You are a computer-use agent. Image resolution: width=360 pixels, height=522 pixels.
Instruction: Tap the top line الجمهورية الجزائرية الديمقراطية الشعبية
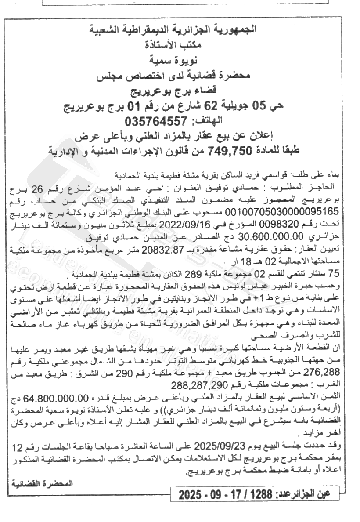tap(180, 30)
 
